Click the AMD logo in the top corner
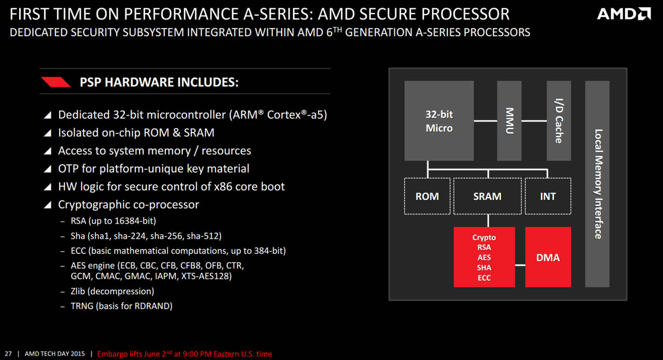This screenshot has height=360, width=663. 624,14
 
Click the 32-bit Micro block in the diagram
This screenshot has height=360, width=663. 439,121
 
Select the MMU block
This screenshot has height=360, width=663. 509,121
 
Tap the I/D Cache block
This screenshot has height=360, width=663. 559,121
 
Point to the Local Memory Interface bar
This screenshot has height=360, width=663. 597,184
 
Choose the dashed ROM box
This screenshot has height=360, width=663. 427,196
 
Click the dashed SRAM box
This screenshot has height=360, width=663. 488,196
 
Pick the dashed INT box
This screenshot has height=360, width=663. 548,196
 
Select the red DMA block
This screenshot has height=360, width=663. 548,257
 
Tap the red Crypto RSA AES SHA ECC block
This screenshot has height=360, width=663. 484,257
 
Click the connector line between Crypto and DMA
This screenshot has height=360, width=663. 520,265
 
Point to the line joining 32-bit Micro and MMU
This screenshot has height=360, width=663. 485,121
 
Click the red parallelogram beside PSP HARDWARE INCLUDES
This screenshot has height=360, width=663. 56,82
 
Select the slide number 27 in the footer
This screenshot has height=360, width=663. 8,354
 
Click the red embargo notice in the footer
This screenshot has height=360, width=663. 184,354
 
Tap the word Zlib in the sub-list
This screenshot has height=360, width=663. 78,291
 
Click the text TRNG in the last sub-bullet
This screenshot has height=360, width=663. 82,306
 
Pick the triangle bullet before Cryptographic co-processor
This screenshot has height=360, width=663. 48,205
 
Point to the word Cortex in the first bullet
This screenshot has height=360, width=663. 283,115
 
